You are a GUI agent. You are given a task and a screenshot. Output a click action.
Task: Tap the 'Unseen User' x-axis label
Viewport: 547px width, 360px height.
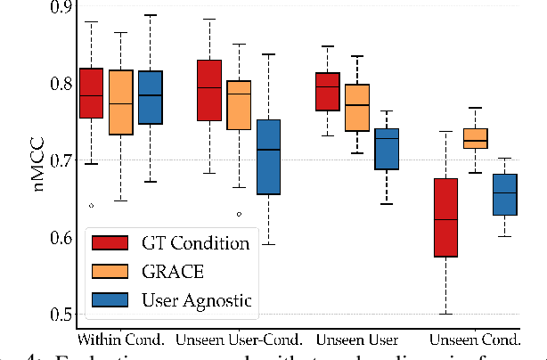(x=356, y=340)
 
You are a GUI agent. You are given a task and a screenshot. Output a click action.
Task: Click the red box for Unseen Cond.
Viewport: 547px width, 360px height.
(x=445, y=217)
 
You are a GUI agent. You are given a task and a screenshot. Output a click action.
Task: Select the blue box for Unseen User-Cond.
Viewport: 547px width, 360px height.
(x=267, y=157)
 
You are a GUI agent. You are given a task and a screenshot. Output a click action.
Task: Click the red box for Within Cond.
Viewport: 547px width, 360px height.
(x=91, y=93)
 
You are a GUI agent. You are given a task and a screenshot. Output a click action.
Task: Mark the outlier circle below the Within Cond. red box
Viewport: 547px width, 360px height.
(x=91, y=205)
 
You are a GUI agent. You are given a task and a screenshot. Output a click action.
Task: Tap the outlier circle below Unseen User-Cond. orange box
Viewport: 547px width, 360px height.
(x=239, y=214)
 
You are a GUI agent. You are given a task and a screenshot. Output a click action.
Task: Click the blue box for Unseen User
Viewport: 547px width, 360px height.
(x=387, y=149)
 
